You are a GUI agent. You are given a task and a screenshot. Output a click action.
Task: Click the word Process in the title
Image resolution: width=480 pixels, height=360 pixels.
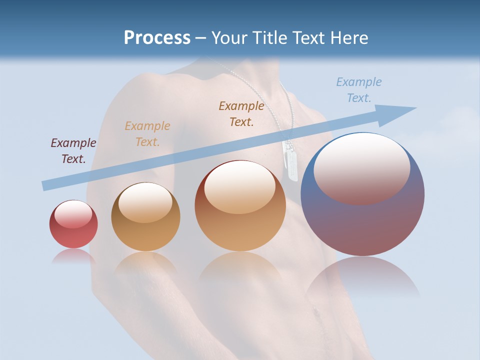click(157, 38)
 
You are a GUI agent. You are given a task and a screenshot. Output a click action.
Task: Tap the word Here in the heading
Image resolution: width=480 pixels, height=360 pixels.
click(348, 38)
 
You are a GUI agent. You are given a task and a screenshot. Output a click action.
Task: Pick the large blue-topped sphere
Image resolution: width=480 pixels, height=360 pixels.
click(362, 220)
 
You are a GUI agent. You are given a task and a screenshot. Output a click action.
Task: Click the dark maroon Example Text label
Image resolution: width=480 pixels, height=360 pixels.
click(73, 151)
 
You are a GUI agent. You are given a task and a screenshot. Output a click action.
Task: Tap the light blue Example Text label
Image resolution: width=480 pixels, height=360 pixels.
click(359, 90)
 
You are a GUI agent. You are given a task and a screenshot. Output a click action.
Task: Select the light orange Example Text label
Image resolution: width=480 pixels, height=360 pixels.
click(147, 134)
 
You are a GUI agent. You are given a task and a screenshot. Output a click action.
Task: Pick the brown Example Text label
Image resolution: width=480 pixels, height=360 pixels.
click(241, 113)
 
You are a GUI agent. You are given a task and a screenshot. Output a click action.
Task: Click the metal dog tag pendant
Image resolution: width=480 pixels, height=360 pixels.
click(291, 160)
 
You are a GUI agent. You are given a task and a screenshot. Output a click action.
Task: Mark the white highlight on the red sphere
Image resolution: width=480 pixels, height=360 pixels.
click(73, 214)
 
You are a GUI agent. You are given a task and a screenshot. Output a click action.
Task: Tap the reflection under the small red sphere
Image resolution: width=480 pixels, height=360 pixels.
click(73, 256)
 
